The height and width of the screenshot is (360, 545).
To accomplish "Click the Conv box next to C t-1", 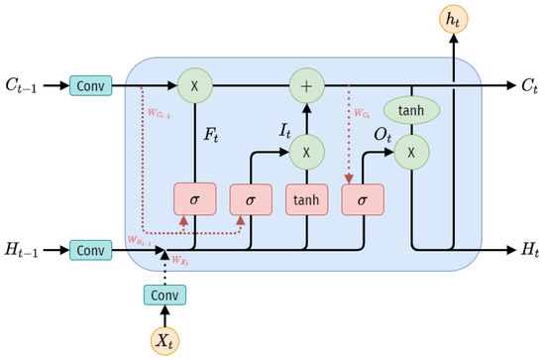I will click(x=90, y=86).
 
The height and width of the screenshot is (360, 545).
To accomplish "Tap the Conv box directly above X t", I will click(x=164, y=295).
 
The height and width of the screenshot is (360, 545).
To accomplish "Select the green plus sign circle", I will click(x=307, y=86).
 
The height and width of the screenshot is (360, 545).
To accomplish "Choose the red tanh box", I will click(x=307, y=199).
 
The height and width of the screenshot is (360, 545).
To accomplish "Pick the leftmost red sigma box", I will click(x=194, y=199).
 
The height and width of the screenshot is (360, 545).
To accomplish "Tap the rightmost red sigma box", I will click(x=362, y=199).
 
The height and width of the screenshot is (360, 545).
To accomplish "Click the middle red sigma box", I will click(x=251, y=199).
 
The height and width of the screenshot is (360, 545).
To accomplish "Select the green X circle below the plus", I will click(x=307, y=151).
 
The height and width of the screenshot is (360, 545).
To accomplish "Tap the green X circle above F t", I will click(x=194, y=86).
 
